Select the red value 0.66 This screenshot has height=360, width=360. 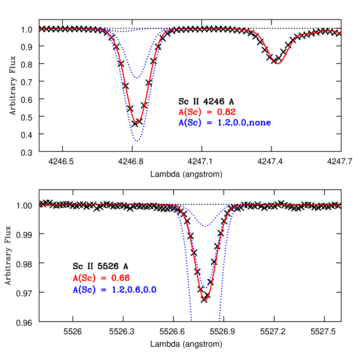click(x=121, y=278)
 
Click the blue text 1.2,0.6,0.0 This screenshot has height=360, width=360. click(x=134, y=290)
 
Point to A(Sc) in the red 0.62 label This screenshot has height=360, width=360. click(x=189, y=112)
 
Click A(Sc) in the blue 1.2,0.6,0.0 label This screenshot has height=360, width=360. click(x=84, y=290)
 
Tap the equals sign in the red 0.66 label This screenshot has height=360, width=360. click(x=104, y=278)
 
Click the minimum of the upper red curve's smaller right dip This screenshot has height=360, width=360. click(x=277, y=64)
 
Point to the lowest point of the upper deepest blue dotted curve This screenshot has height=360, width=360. click(x=137, y=141)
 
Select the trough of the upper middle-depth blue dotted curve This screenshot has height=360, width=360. click(x=137, y=78)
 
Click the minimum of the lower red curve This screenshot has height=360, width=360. click(x=206, y=300)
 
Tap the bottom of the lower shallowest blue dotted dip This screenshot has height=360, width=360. click(x=206, y=226)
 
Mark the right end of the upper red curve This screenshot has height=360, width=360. click(x=341, y=33)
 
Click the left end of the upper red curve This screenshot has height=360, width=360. click(x=40, y=28)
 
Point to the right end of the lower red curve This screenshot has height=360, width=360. click(x=341, y=205)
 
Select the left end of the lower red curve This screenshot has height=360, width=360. click(x=40, y=205)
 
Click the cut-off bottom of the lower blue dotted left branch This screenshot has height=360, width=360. click(x=192, y=321)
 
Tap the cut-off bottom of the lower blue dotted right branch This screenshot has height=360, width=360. click(x=220, y=321)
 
